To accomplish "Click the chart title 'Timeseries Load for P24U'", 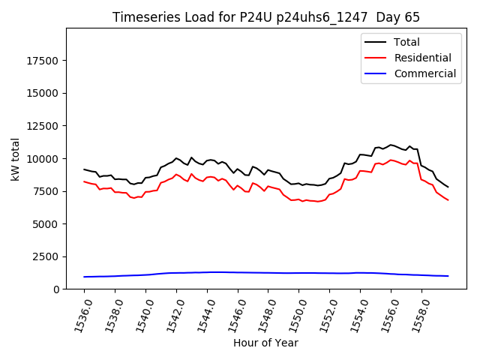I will (266, 17).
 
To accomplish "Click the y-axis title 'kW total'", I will (16, 158).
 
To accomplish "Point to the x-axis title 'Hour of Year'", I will (265, 343).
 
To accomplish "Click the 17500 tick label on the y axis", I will (42, 61).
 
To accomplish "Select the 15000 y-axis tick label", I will (42, 94).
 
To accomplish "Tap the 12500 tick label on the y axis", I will (42, 126).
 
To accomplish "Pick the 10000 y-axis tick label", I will (42, 159).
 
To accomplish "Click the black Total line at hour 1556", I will (391, 145).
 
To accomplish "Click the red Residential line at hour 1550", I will (298, 199).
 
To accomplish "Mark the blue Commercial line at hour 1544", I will (207, 272).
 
